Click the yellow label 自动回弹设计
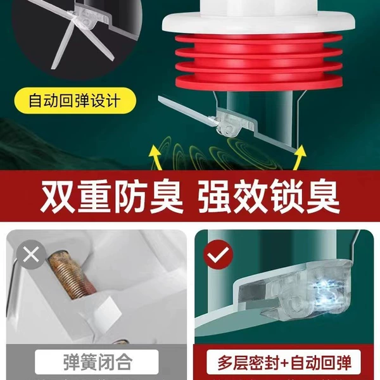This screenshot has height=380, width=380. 75,101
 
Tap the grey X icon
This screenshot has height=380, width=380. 31,255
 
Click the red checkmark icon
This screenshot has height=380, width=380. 218,255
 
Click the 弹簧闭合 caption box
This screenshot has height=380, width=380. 97,362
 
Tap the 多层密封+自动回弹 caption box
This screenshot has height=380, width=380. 284,362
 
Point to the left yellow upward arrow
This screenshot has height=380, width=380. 156,157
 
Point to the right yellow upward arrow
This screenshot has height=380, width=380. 300,157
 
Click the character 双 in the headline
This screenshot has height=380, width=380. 57,196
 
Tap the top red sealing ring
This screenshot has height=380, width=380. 259,39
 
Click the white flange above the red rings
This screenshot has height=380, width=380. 258,23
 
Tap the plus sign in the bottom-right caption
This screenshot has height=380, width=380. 284,363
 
